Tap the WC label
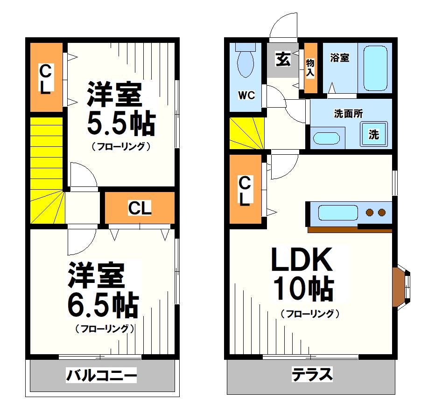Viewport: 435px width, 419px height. click(x=246, y=95)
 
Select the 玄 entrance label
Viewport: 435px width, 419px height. click(x=282, y=60)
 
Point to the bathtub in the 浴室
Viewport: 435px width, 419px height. click(x=375, y=68)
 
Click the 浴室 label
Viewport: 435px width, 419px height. click(x=339, y=58)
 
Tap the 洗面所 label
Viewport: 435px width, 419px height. click(x=348, y=113)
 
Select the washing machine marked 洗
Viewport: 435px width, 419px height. click(x=374, y=134)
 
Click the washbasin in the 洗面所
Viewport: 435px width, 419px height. click(x=326, y=138)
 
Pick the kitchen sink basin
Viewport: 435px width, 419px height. click(x=337, y=213)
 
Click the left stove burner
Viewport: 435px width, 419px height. click(x=370, y=213)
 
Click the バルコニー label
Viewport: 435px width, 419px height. click(x=101, y=375)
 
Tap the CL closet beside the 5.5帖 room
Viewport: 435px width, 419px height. click(x=45, y=78)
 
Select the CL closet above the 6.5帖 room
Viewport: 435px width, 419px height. click(x=140, y=208)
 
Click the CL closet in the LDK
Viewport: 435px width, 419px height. click(x=245, y=190)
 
